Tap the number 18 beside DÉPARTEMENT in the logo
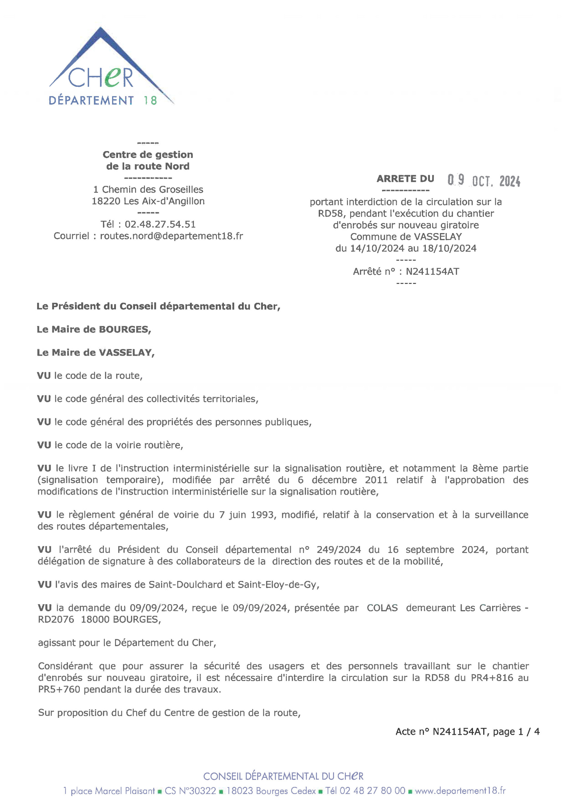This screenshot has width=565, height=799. point(150,101)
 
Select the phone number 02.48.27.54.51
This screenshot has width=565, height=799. point(160,224)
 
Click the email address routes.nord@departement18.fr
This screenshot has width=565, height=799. point(172,236)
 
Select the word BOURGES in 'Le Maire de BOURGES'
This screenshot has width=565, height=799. point(124,329)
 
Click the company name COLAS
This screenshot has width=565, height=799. point(382,608)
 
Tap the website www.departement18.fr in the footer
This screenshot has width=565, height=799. point(460,791)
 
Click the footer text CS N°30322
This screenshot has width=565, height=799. point(190,791)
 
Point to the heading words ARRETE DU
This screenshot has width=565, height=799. point(405,179)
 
